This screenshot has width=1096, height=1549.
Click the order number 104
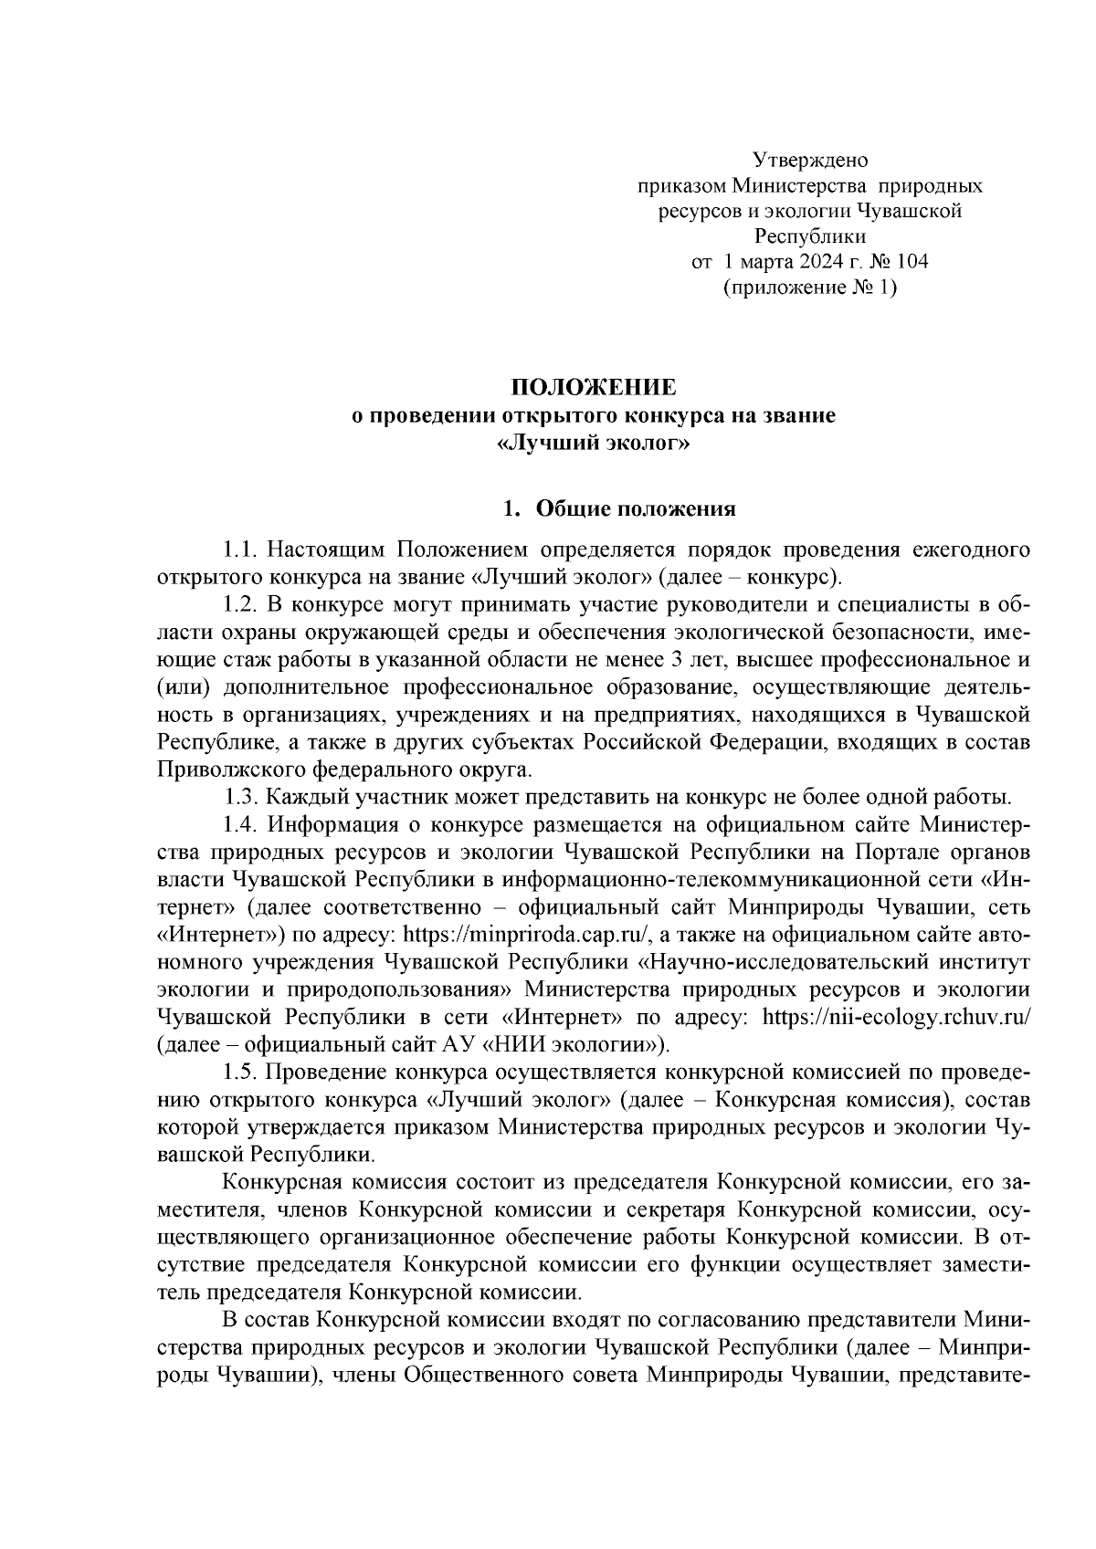click(x=912, y=262)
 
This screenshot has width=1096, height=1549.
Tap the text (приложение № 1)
click(x=809, y=288)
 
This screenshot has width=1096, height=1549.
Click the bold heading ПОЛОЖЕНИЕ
click(x=594, y=387)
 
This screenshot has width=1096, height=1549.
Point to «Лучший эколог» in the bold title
click(x=594, y=444)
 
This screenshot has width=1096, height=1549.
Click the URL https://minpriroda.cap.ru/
click(x=526, y=935)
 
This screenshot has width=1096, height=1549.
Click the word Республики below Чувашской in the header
click(x=809, y=237)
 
